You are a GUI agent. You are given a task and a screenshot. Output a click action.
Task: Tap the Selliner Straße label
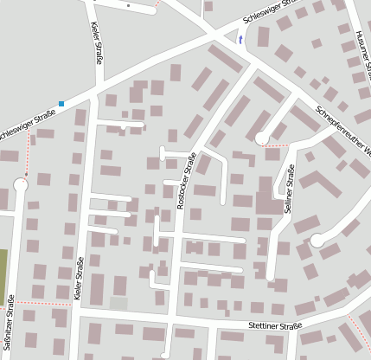coord(289,189)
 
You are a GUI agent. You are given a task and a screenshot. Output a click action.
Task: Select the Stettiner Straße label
coord(274,325)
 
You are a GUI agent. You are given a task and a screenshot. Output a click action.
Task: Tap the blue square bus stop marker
coord(61,105)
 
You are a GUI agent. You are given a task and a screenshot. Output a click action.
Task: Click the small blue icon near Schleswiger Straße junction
coord(240,40)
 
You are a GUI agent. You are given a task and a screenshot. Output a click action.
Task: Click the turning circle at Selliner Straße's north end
coord(261,138)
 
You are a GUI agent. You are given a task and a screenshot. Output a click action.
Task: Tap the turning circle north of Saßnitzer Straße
coord(21,184)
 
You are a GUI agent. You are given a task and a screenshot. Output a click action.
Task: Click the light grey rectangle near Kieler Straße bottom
coord(118,303)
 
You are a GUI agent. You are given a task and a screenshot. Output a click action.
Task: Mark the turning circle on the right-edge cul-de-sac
coord(317,240)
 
